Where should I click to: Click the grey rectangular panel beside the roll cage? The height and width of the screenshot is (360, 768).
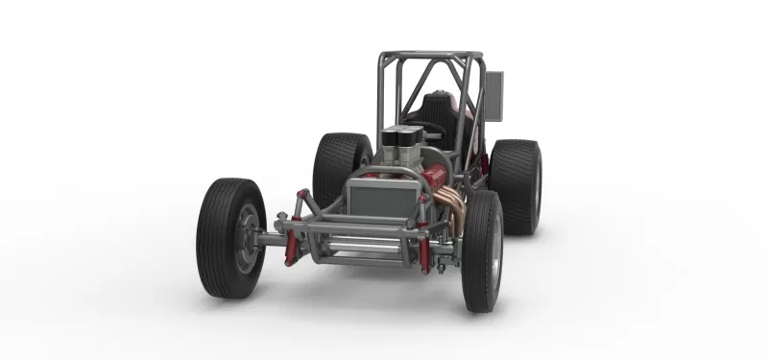point(493,95)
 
